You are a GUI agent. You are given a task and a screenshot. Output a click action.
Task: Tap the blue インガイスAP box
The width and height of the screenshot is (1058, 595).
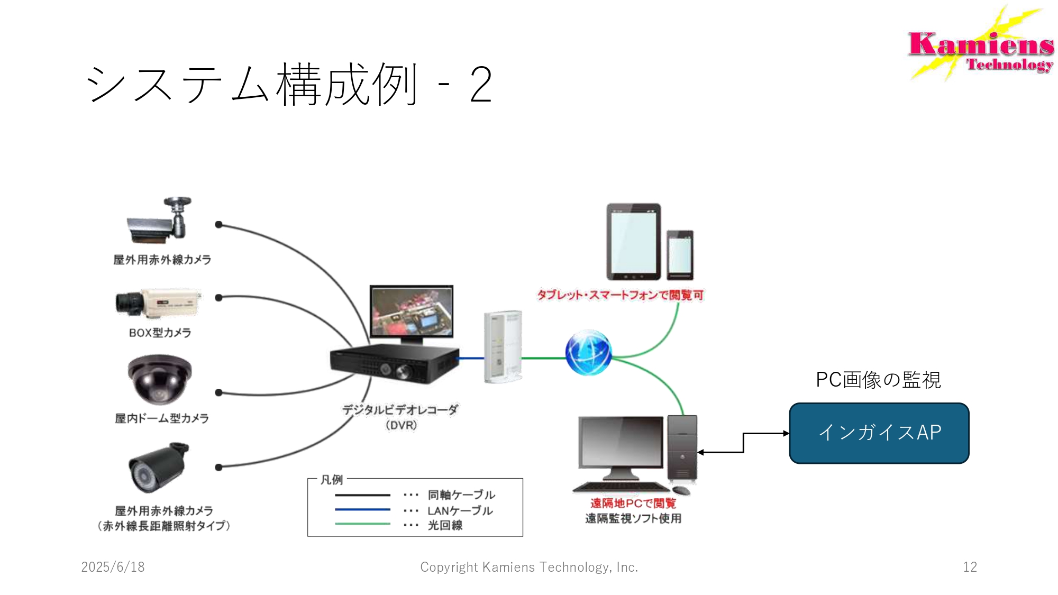click(x=879, y=433)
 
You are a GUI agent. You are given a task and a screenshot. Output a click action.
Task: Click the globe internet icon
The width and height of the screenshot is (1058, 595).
click(x=588, y=353)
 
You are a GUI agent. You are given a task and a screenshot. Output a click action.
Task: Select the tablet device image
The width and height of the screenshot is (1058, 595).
click(x=633, y=241)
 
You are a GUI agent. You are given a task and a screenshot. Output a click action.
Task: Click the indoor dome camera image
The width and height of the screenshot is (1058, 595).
click(x=159, y=379)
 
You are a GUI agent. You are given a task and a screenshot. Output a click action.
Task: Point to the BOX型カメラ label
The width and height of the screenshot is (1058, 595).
click(x=160, y=333)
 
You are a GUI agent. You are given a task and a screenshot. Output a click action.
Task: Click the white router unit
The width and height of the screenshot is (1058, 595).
click(x=503, y=346)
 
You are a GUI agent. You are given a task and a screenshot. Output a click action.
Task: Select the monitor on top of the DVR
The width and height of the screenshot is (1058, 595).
click(x=412, y=313)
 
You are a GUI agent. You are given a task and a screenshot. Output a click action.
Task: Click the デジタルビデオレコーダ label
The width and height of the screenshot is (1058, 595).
click(x=400, y=410)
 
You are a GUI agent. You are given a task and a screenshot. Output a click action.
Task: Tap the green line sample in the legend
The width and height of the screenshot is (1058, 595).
click(x=362, y=524)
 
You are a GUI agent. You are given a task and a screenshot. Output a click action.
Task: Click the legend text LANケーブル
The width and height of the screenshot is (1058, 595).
click(x=460, y=511)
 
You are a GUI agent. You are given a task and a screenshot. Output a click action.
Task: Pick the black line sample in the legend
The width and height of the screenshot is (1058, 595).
click(x=362, y=495)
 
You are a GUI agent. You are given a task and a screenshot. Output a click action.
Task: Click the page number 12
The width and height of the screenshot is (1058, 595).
click(x=970, y=567)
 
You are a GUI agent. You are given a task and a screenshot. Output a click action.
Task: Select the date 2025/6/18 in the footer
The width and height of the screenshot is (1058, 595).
click(x=113, y=567)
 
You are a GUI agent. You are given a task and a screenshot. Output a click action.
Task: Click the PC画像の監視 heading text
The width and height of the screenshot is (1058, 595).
click(x=878, y=380)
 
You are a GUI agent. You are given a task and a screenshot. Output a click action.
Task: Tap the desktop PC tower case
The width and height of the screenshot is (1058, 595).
click(x=682, y=448)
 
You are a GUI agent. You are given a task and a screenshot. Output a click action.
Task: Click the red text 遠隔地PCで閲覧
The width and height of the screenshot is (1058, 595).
click(x=633, y=504)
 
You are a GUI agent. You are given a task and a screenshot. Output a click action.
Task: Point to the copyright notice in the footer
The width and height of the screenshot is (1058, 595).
click(x=529, y=567)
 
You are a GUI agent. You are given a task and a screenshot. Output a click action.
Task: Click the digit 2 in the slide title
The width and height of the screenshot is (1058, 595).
click(x=481, y=85)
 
